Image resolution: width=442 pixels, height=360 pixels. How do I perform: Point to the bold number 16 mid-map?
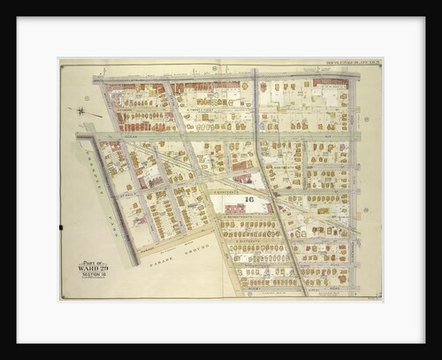[249, 200]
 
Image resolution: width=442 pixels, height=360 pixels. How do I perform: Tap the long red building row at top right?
[329, 82]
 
